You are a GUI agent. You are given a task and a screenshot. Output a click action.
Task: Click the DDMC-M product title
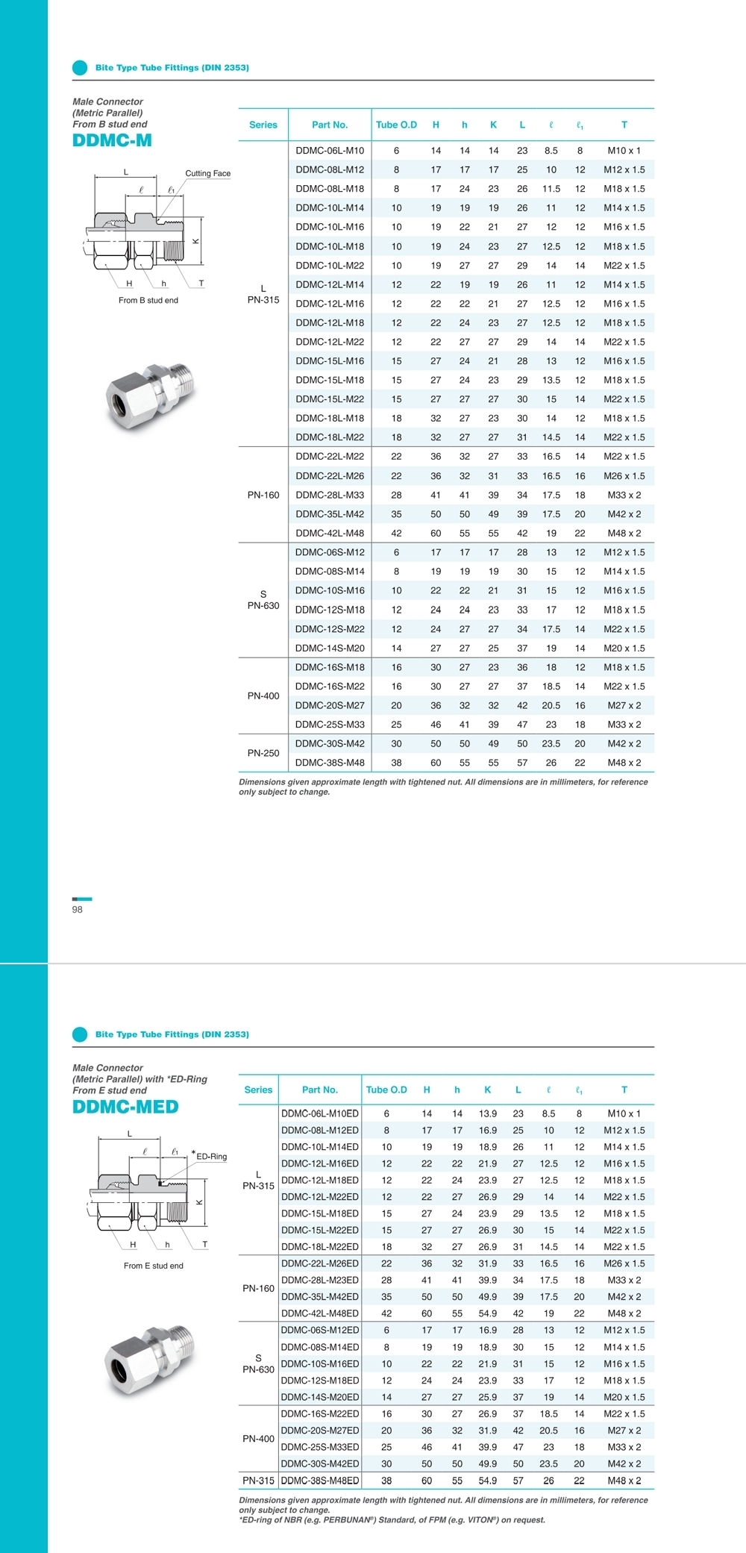pos(112,140)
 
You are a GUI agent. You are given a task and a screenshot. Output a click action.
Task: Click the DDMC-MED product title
pos(125,1106)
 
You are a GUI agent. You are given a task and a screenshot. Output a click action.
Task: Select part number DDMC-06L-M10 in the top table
pos(330,151)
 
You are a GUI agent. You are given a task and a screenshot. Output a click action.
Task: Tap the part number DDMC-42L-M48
pos(330,534)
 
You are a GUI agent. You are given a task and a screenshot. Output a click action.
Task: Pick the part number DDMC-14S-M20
pos(330,649)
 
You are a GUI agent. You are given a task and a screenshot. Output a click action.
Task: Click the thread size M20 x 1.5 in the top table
pos(624,649)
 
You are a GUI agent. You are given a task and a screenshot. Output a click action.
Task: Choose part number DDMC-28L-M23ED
pos(320,1280)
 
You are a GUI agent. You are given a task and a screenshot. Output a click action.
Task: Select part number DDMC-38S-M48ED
pos(320,1480)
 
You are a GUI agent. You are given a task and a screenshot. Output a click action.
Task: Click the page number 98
pos(78,909)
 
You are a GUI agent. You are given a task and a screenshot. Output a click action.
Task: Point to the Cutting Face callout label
pos(207,173)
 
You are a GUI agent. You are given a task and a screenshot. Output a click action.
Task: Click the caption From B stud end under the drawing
pos(148,300)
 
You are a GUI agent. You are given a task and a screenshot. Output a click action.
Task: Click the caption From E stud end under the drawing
pos(154,1266)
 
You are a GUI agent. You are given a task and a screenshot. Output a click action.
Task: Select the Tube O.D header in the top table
pos(396,125)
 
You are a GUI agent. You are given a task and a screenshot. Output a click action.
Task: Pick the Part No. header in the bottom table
pos(320,1090)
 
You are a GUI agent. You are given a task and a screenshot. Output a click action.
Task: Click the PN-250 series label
pos(263,753)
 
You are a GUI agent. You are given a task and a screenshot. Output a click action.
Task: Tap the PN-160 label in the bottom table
pos(258,1288)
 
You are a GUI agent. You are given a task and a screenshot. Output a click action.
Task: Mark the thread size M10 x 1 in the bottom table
pos(624,1113)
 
